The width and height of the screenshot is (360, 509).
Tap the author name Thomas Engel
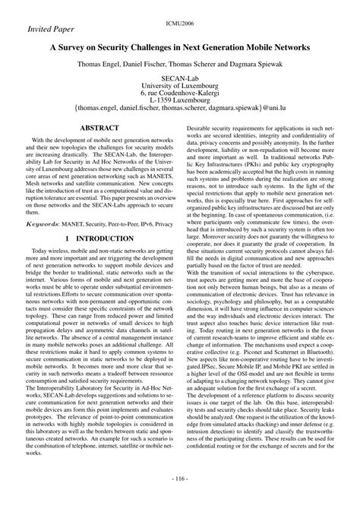(x=104, y=65)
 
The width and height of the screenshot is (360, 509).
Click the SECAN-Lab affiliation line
(x=180, y=78)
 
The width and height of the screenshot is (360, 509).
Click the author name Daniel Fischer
(x=155, y=65)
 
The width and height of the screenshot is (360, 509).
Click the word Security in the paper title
(x=124, y=47)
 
